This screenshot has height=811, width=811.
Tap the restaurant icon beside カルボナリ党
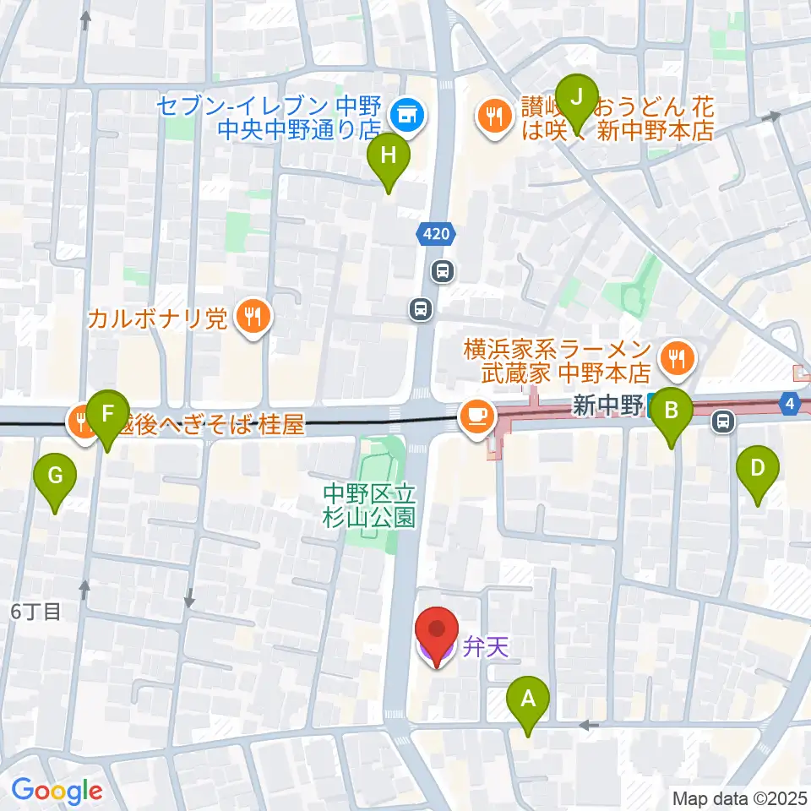252,318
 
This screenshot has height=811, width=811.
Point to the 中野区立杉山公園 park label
370,504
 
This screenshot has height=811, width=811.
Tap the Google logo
57,790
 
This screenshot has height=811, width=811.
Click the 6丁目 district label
35,612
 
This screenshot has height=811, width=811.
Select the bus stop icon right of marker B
722,419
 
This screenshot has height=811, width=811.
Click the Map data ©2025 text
740,797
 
